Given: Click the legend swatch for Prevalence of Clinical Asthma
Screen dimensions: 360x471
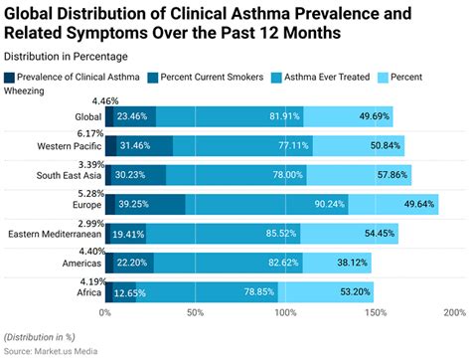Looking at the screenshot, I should pos(10,77).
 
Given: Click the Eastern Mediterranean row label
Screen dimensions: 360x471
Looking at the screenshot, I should pos(52,235).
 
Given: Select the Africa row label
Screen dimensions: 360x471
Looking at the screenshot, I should pos(83,293).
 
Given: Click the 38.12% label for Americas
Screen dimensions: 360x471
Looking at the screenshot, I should pos(349,264).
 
